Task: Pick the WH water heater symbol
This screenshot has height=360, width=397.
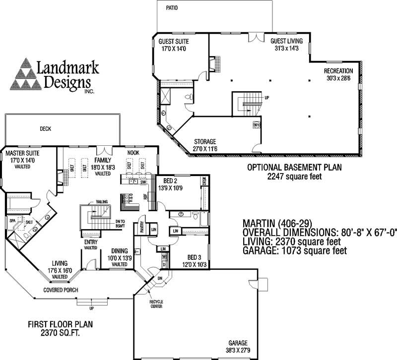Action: (x=257, y=124)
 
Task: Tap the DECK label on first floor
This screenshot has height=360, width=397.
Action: (x=46, y=129)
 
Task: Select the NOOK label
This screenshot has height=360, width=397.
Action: (x=133, y=153)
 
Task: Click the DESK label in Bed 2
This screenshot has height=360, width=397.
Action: (x=204, y=182)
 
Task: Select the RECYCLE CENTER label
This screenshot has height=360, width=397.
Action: (x=157, y=304)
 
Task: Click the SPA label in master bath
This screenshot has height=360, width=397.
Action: (x=12, y=221)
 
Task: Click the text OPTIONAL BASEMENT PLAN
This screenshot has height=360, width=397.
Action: (x=295, y=168)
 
